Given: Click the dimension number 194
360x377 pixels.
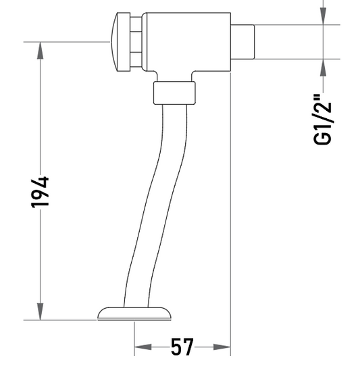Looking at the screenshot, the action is [x=40, y=193].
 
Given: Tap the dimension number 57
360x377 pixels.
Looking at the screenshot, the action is [x=182, y=347].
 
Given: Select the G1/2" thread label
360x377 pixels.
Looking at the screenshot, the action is [x=323, y=120].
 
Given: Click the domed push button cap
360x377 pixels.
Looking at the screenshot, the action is [x=120, y=42].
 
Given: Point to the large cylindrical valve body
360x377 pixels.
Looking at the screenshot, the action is [x=188, y=42].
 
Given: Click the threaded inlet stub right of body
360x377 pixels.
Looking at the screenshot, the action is [x=242, y=42].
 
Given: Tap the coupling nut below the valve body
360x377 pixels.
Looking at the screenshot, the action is [x=174, y=93].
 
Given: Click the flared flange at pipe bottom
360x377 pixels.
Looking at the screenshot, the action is [x=134, y=313].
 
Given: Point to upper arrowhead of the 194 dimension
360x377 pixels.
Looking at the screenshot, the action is [x=40, y=50].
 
